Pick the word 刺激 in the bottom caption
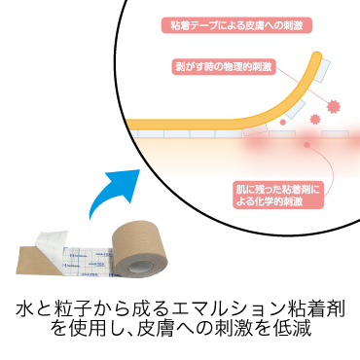[x=243, y=333]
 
